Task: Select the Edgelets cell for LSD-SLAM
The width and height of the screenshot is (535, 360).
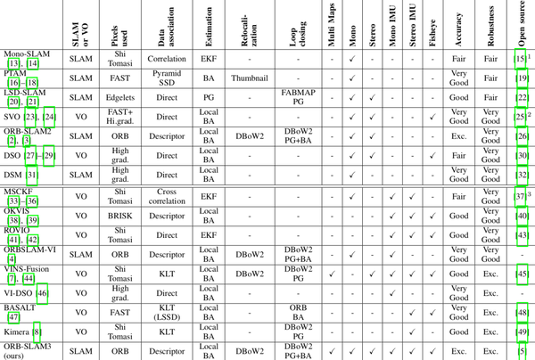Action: [x=118, y=96]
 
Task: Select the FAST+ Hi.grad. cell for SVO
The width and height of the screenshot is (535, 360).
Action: [x=118, y=116]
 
